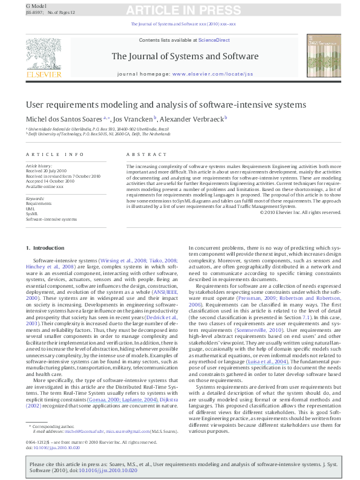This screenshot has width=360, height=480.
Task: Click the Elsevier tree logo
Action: pyautogui.click(x=44, y=54)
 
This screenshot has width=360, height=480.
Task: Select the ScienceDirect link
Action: pyautogui.click(x=214, y=40)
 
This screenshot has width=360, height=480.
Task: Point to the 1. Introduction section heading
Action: pyautogui.click(x=48, y=248)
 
